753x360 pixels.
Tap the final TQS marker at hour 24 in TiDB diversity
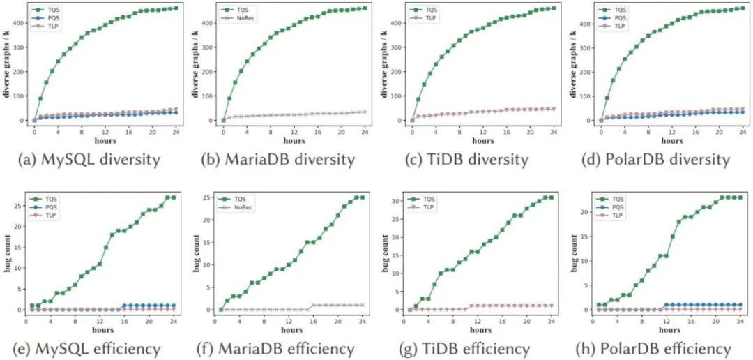point(554,8)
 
